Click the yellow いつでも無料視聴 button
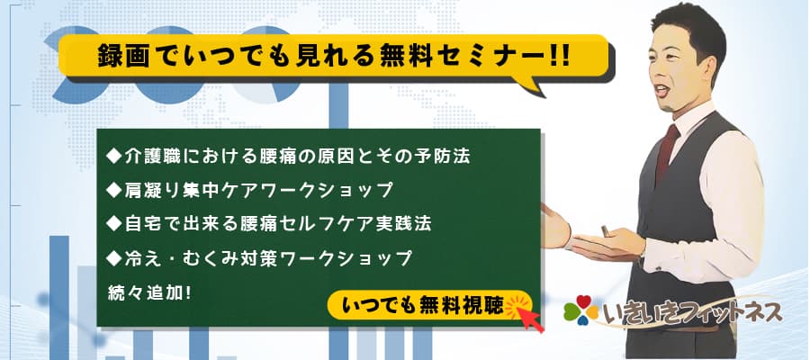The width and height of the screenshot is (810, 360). coord(429,306)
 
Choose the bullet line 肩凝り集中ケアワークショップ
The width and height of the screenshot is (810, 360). coord(249,190)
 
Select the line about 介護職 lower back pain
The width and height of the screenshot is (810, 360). coord(288,157)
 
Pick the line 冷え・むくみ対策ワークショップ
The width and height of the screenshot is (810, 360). coord(259,257)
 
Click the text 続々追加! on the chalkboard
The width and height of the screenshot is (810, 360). coord(150,292)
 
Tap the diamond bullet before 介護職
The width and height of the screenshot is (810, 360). coord(113,156)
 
